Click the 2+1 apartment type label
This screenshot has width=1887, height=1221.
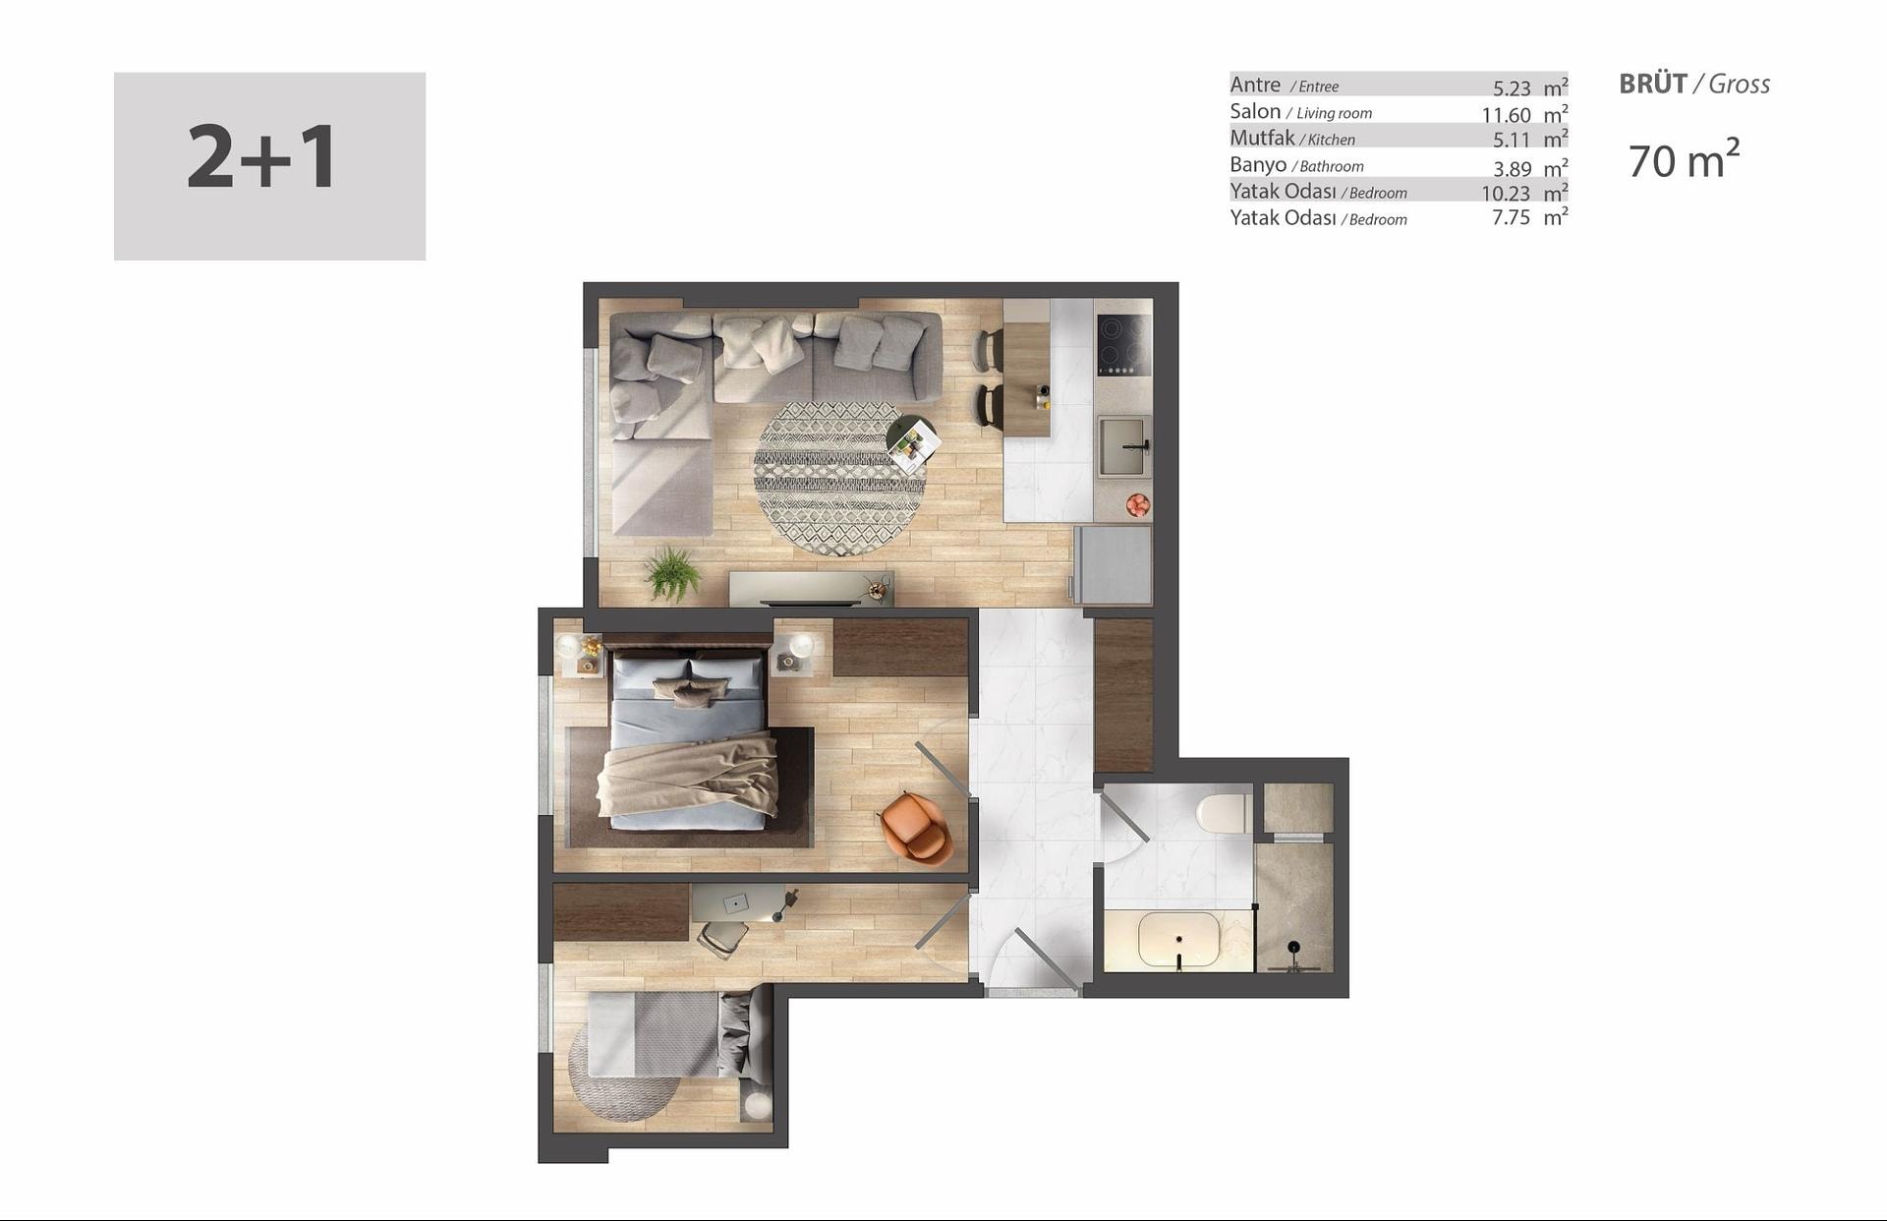point(262,157)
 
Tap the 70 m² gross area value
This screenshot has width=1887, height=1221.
point(1684,159)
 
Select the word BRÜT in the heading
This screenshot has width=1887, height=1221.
point(1653,84)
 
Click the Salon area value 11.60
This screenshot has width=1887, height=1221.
point(1506,114)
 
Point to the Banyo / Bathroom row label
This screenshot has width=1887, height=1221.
point(1296,165)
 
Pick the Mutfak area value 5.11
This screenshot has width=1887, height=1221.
point(1512,141)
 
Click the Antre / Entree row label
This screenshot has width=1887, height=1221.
point(1284,86)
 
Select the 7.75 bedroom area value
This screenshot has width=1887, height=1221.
point(1511,217)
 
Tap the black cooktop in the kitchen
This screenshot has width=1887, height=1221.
point(1123,345)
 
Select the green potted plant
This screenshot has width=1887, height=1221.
point(672,574)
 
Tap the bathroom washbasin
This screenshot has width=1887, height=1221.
point(1179,940)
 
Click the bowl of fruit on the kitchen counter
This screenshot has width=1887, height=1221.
point(1137,505)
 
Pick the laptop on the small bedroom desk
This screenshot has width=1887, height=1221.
point(735,902)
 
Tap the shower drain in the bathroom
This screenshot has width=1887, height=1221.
point(1294,947)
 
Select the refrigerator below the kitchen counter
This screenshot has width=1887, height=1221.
point(1112,564)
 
